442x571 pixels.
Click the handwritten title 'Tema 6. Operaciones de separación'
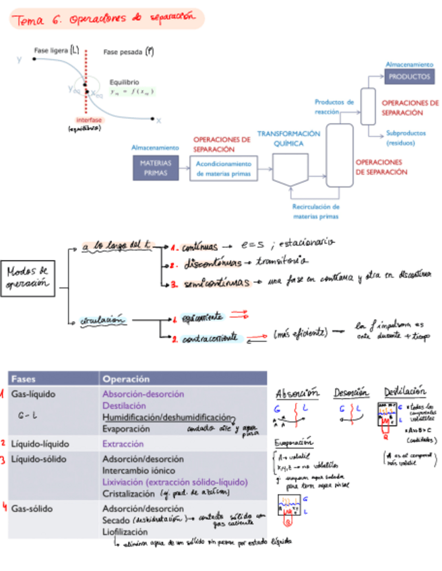point(106,19)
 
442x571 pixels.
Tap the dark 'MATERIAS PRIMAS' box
point(156,168)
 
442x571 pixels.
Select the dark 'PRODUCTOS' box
point(410,77)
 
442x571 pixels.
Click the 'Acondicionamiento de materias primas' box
point(224,168)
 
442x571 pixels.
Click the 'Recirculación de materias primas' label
point(316,212)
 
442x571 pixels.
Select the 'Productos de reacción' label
point(334,106)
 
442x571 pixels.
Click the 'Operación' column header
point(126,379)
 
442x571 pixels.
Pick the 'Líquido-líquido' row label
point(37,444)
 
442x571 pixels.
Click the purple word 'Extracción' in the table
point(123,444)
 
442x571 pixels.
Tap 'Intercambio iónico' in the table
point(138,470)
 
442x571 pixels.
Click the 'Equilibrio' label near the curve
point(124,82)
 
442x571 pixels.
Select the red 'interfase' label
point(85,120)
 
